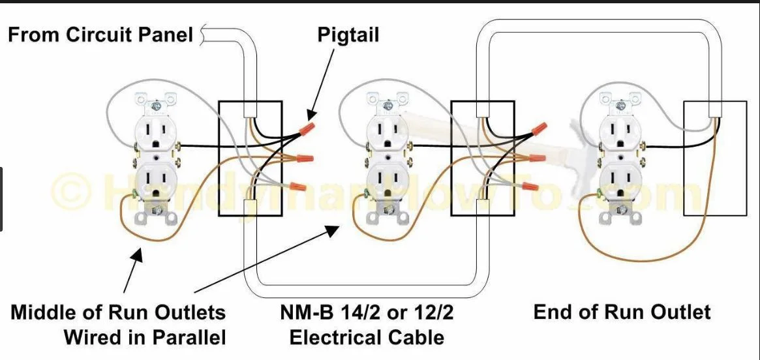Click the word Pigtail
point(348,35)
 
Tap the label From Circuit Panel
point(101,35)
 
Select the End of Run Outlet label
point(622,312)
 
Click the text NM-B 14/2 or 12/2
point(367,313)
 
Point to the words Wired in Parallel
point(145,337)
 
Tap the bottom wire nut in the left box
point(299,186)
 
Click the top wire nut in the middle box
point(539,129)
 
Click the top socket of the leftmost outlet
point(155,131)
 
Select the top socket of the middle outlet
point(388,131)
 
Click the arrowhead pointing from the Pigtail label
point(311,116)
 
